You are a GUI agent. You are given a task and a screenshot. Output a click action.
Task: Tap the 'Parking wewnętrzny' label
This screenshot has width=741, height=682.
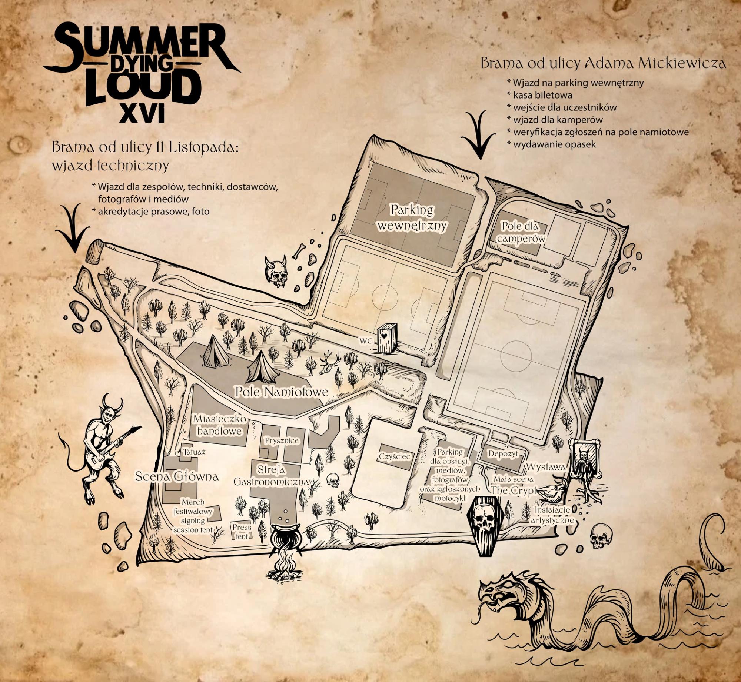click(x=413, y=218)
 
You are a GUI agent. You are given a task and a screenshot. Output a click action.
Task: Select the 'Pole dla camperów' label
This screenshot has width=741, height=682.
click(x=521, y=232)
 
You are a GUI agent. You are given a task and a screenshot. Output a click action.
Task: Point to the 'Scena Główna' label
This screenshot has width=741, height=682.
click(x=176, y=476)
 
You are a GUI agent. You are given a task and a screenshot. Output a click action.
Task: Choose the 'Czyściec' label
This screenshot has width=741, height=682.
click(x=395, y=456)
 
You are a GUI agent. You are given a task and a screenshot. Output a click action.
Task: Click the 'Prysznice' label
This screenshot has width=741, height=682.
click(x=282, y=441)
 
